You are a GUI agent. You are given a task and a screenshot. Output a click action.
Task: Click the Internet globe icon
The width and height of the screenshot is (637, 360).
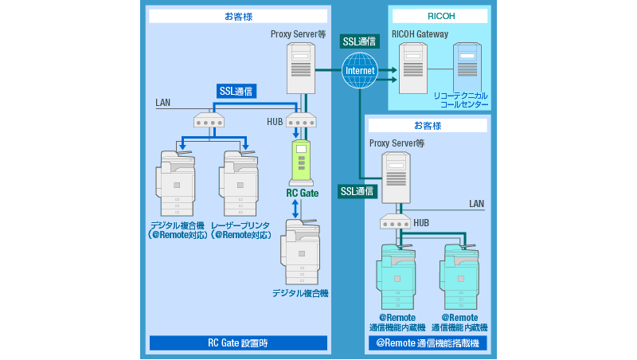click(x=360, y=71)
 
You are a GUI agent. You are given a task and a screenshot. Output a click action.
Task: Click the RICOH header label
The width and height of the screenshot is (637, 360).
click(x=439, y=16)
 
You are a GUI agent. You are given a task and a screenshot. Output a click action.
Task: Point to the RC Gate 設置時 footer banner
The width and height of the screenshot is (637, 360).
click(x=238, y=343)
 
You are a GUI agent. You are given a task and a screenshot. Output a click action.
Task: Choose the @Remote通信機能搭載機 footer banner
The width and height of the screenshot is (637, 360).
click(x=428, y=343)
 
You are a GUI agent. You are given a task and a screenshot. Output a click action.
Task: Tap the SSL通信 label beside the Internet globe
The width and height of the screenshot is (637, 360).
click(x=360, y=41)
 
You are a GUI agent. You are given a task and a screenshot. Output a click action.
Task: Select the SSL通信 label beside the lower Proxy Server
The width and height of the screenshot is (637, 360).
click(x=358, y=191)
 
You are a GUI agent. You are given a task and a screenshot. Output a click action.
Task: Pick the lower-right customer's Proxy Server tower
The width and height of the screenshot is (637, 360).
click(x=396, y=178)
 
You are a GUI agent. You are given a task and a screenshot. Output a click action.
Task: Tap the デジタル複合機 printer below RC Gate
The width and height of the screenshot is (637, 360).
click(x=300, y=252)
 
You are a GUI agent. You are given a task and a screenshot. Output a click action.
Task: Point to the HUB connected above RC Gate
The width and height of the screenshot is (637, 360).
click(x=301, y=120)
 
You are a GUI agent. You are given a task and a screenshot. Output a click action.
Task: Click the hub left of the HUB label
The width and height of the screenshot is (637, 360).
click(x=209, y=120)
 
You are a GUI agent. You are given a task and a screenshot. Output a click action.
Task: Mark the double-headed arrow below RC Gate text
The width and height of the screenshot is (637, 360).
click(x=295, y=209)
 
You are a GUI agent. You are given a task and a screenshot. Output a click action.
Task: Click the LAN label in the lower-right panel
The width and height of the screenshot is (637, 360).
click(x=476, y=204)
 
